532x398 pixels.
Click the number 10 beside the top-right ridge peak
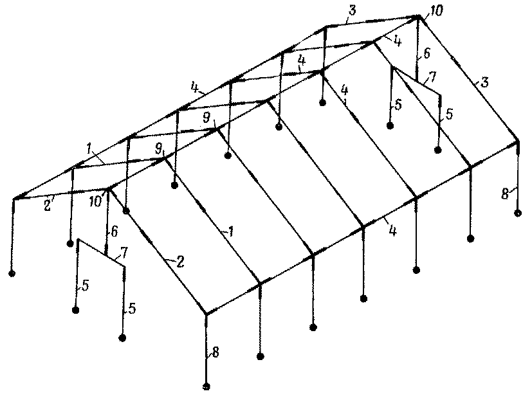tap(436, 10)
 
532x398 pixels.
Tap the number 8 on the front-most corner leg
tap(216, 352)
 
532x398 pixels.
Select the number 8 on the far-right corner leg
tap(505, 194)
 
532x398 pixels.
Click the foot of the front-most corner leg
tap(206, 386)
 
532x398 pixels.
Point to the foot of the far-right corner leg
tap(518, 213)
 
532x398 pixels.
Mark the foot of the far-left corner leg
tap(12, 273)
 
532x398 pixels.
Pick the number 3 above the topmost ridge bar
tap(352, 10)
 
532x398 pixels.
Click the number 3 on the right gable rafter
tap(485, 82)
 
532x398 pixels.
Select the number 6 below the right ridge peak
tap(427, 53)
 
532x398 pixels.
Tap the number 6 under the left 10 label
tap(114, 232)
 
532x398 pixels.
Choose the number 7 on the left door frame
tap(124, 253)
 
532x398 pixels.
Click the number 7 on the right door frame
tap(432, 77)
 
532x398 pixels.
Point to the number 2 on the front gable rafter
tap(181, 262)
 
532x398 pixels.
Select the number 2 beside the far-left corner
tap(48, 206)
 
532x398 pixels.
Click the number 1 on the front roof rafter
tap(231, 231)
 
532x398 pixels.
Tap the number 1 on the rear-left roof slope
tap(89, 149)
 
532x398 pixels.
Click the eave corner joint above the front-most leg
tap(206, 314)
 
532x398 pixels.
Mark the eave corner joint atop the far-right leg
tap(517, 141)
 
